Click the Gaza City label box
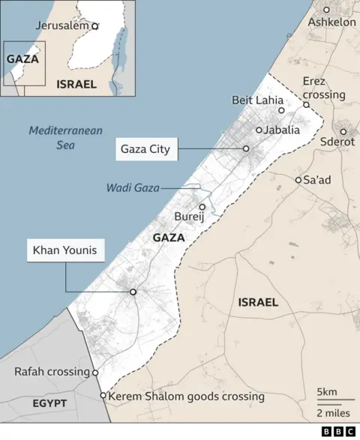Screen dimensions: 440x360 click(145, 150)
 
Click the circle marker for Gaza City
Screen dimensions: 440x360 click(246, 149)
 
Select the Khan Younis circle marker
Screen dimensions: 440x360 click(133, 292)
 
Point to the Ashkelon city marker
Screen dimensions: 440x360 click(326, 10)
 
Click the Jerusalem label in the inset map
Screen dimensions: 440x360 click(62, 25)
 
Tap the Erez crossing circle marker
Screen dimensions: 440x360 click(306, 105)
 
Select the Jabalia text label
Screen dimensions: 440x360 click(282, 130)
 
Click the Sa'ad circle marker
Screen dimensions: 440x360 click(298, 180)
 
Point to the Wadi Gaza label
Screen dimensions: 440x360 click(132, 187)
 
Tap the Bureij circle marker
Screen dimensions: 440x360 click(202, 207)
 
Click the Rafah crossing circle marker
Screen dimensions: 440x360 click(95, 373)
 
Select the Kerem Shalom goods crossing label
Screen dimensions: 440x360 click(186, 397)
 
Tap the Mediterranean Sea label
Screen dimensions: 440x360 click(64, 137)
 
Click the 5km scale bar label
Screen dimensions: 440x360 click(326, 391)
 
